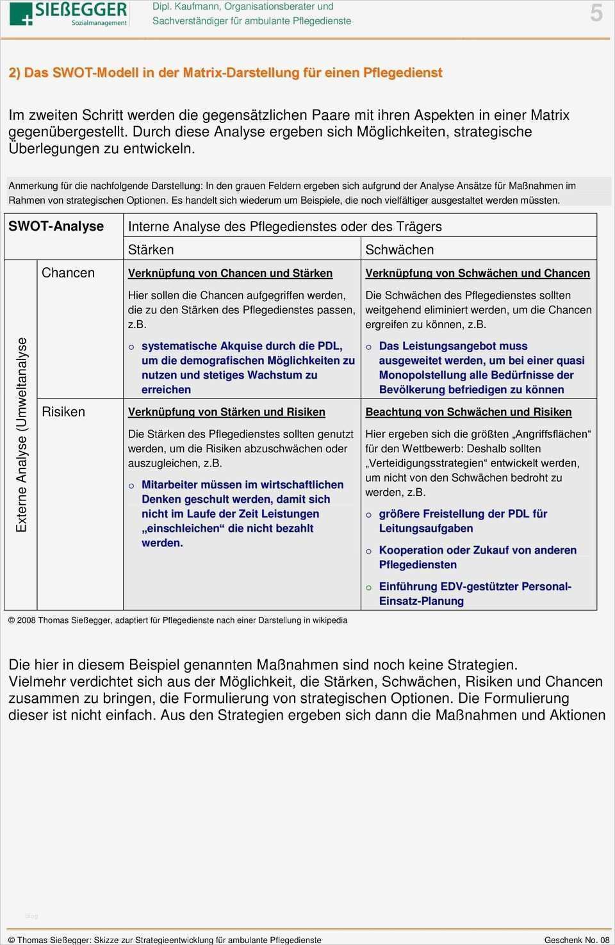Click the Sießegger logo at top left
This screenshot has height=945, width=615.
69,13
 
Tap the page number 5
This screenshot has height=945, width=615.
596,13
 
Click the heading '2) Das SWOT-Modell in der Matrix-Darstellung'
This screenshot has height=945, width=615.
225,73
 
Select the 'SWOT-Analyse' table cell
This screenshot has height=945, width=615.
56,226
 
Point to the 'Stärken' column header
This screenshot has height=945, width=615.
151,250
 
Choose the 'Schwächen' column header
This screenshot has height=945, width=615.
399,250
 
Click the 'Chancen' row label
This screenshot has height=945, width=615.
68,273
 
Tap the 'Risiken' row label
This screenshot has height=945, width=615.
63,412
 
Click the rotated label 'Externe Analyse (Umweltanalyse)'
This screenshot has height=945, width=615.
22,434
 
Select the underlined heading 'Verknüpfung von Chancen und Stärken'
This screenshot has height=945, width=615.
230,274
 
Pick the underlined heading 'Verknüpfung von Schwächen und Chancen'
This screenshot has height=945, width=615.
477,274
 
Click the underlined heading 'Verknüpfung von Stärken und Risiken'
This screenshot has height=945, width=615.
226,412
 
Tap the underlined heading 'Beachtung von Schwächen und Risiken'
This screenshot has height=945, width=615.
468,412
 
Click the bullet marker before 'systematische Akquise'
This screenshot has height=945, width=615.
131,347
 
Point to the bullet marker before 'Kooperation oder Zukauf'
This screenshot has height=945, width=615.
369,551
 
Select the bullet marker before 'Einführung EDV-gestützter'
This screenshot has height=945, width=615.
369,588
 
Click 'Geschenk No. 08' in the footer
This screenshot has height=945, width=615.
577,940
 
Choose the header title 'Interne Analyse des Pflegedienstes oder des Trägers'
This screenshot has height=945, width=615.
284,226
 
